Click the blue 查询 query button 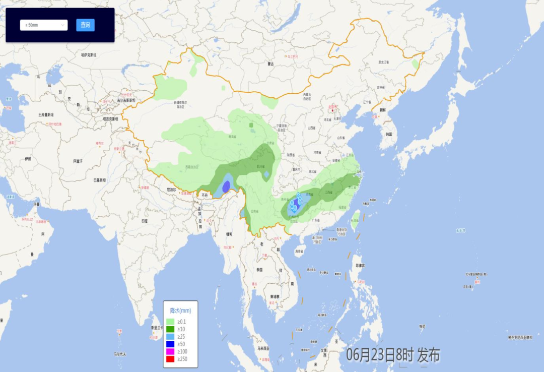[85, 25]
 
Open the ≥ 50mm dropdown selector [44, 25]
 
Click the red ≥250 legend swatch [170, 359]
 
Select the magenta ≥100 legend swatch [170, 351]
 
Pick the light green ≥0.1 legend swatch [170, 322]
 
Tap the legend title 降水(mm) [180, 311]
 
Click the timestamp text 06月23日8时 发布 [393, 355]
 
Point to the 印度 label [145, 221]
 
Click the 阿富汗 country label [77, 161]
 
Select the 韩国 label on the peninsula [388, 135]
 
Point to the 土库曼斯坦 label [49, 114]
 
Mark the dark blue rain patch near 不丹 [227, 186]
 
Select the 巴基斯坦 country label [99, 180]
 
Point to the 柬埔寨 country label [275, 296]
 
